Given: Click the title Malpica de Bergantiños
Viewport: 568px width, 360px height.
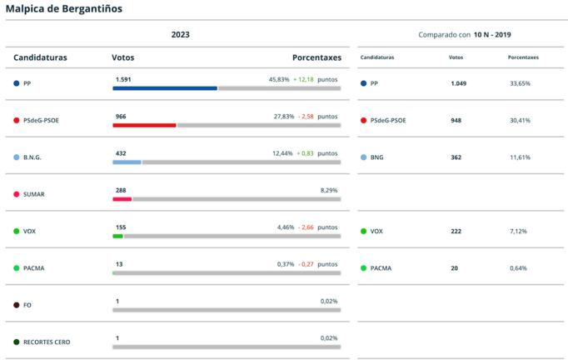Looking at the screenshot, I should click(x=62, y=9).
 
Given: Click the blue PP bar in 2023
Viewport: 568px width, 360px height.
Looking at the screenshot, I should click(x=165, y=88).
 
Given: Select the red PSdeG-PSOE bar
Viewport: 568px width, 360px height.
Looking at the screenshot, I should click(x=144, y=125).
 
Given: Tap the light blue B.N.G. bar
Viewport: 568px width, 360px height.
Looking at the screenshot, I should click(x=127, y=162).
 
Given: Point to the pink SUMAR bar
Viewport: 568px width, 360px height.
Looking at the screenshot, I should click(x=122, y=199).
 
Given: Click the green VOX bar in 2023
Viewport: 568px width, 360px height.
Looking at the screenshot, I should click(x=117, y=236).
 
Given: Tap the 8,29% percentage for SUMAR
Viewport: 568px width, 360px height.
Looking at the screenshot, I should click(x=329, y=190).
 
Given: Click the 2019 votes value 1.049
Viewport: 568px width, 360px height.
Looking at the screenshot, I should click(x=459, y=83).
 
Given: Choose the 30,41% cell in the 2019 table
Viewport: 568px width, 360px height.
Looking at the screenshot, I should click(x=520, y=120).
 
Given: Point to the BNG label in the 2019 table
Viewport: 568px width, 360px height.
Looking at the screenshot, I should click(x=377, y=157).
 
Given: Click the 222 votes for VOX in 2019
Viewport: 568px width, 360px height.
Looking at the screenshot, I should click(x=456, y=231).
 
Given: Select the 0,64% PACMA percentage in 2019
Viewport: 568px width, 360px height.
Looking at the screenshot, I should click(x=520, y=267).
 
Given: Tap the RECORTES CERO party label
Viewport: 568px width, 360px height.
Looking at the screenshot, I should click(x=47, y=342).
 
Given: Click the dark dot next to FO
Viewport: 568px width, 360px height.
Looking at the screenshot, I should click(x=16, y=305).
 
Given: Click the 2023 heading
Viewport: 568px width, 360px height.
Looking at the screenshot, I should click(x=180, y=34).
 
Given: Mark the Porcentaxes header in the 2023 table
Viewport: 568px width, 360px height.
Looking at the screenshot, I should click(x=316, y=57).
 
